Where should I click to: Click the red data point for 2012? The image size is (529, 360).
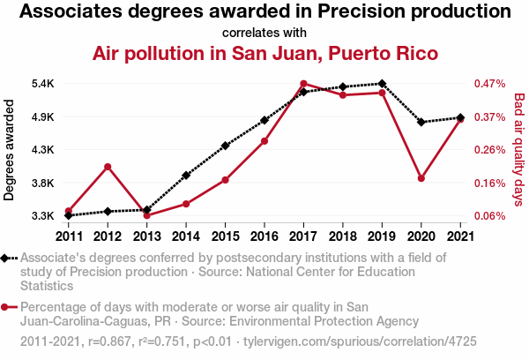point(108,167)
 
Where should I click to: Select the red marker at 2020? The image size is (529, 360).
point(421,178)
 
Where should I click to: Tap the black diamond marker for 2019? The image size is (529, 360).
point(382,84)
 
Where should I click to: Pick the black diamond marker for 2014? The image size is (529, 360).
point(186,176)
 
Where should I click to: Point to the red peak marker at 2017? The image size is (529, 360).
point(303,84)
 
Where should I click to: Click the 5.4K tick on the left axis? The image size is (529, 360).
point(43,84)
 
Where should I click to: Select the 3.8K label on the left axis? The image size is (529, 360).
point(43,183)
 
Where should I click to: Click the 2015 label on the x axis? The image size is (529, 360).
point(225,236)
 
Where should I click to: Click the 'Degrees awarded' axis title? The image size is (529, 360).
point(10,149)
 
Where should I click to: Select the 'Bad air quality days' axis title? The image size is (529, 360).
point(519,149)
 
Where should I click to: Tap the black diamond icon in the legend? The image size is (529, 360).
point(7,258)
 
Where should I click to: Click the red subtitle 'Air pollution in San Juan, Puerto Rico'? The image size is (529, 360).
point(264,53)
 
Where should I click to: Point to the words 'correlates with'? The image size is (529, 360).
point(264,33)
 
